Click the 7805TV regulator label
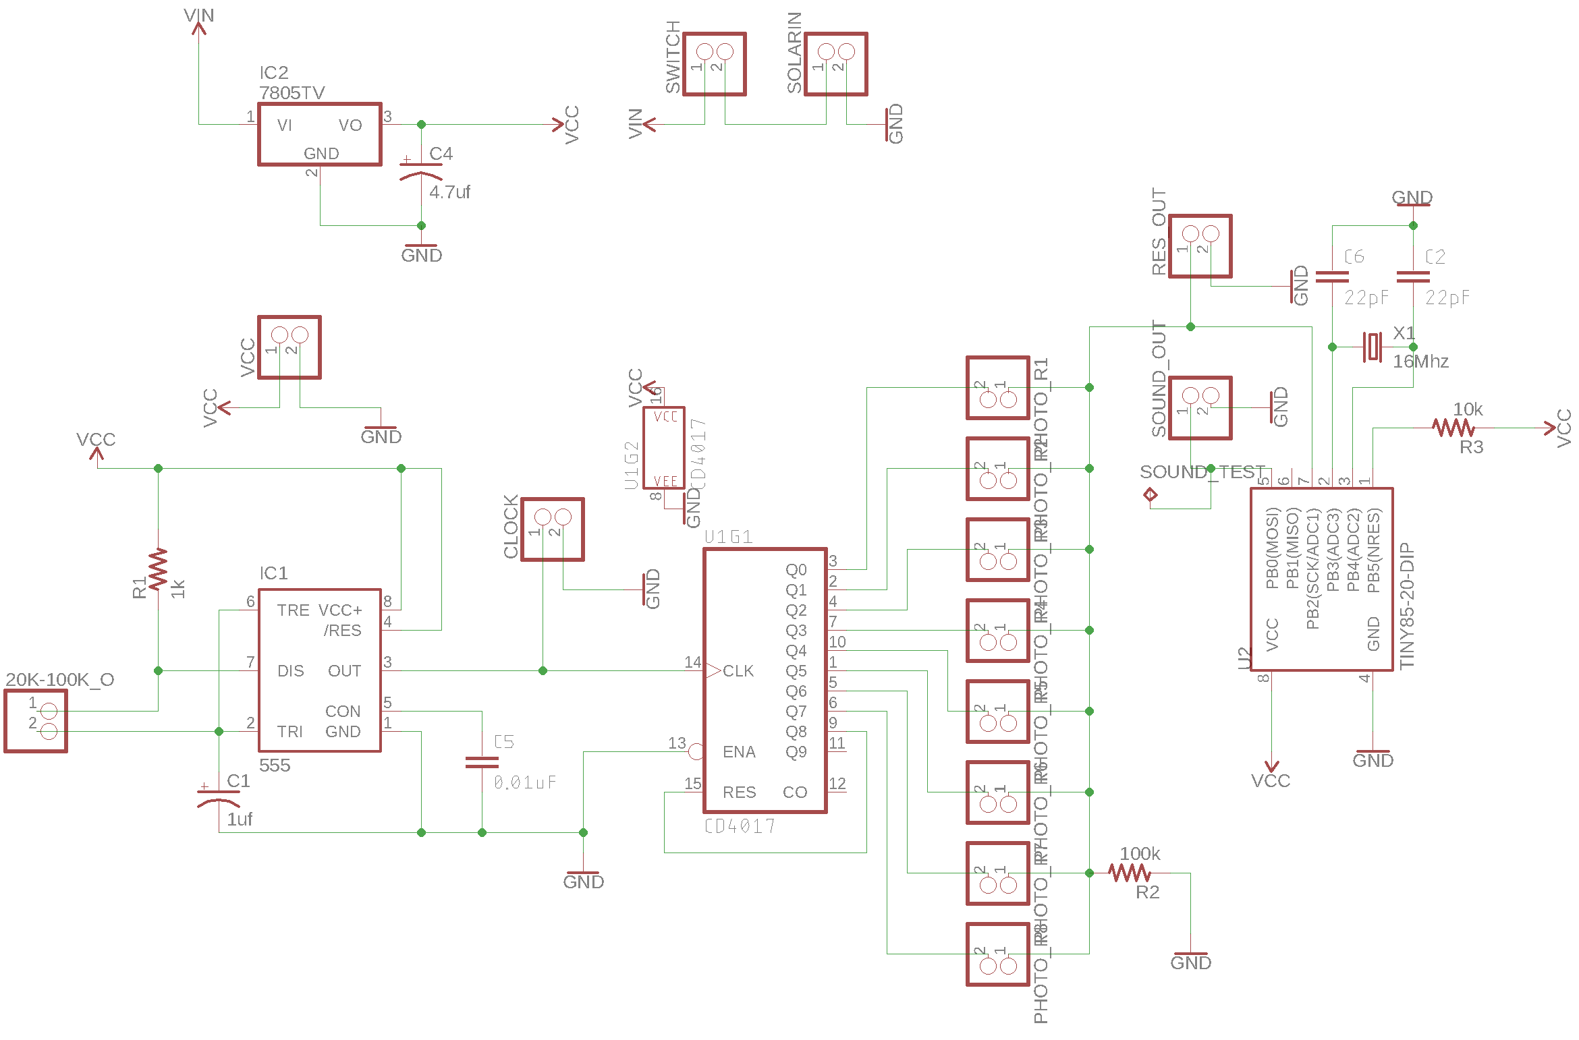tap(292, 93)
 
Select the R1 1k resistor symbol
tap(158, 570)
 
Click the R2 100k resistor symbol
tap(1130, 873)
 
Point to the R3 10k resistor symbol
tap(1453, 428)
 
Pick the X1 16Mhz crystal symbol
tap(1373, 347)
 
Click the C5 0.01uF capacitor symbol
tap(482, 762)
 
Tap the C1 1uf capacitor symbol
tap(219, 797)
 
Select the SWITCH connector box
tap(714, 64)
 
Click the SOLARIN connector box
tap(835, 64)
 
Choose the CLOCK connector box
tap(552, 529)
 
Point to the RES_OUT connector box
tap(1200, 246)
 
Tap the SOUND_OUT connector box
tap(1200, 408)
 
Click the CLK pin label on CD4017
tap(738, 671)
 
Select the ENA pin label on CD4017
tap(739, 752)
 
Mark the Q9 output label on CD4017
tap(796, 752)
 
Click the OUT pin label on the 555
tap(344, 671)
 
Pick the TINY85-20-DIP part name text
tap(1406, 606)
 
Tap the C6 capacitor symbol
tap(1332, 277)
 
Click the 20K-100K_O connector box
tap(36, 721)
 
